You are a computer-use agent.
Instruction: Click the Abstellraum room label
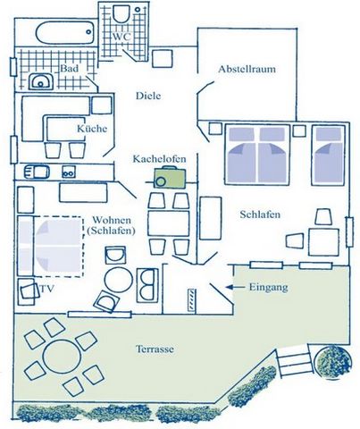point(247,69)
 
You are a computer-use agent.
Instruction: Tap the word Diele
point(148,96)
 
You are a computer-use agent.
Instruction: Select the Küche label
point(92,129)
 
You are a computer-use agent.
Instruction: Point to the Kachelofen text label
point(159,159)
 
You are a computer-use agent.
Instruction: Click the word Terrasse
point(155,349)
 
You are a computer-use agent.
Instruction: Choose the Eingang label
point(268,288)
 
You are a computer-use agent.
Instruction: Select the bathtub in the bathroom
point(65,32)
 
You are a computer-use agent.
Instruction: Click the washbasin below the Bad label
point(41,81)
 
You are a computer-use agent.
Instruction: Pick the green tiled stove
point(170,178)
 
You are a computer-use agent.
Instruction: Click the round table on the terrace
point(62,357)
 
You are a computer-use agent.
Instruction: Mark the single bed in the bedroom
point(328,155)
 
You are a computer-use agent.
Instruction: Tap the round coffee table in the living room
point(119,281)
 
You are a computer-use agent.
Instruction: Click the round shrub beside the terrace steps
point(333,362)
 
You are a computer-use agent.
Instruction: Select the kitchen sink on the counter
point(37,172)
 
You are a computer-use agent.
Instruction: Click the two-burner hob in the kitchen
point(69,172)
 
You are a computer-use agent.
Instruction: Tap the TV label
point(46,289)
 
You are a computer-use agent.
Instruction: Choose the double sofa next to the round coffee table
point(147,285)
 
